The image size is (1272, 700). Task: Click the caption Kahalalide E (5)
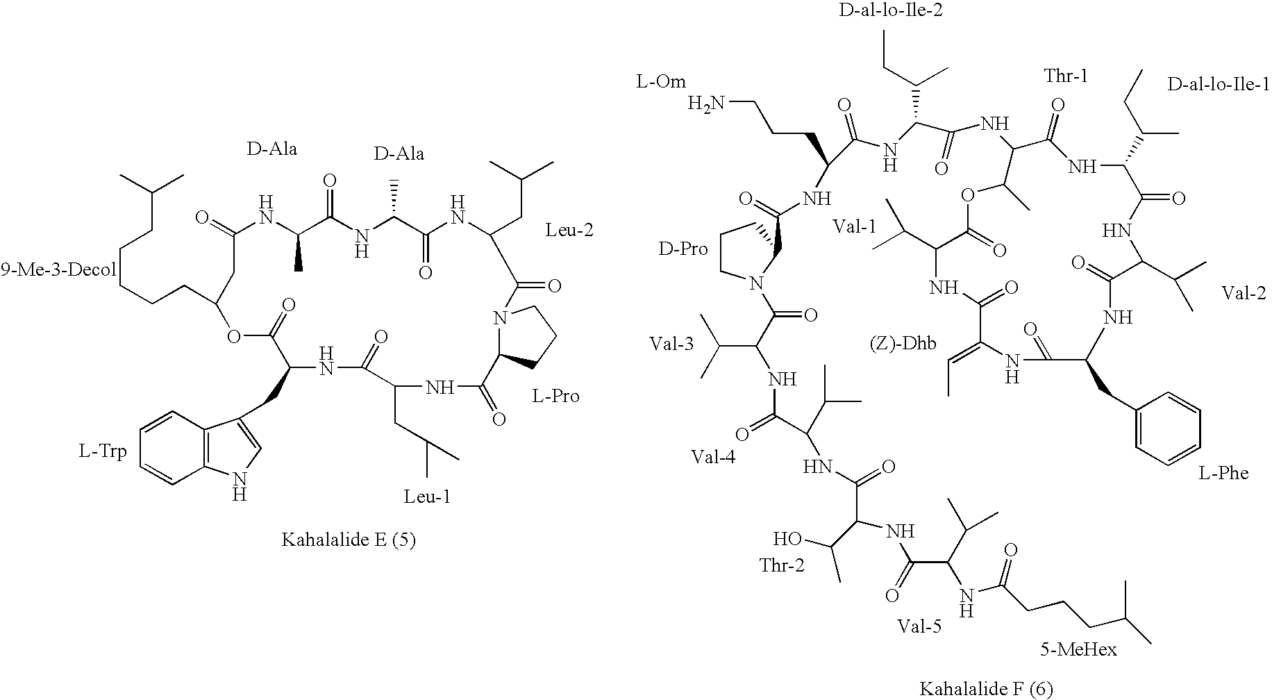click(x=348, y=540)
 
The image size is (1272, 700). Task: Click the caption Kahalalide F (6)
click(x=986, y=688)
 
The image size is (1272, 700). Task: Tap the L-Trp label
click(x=102, y=452)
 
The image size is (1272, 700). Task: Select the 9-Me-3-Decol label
click(x=58, y=269)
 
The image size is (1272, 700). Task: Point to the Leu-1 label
click(x=427, y=497)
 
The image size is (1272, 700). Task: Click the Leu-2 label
click(x=569, y=229)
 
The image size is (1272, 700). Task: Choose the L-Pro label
click(x=555, y=397)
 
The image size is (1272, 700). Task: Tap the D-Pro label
click(x=683, y=249)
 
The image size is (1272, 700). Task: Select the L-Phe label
click(x=1223, y=474)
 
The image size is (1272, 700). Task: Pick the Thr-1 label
click(x=1066, y=75)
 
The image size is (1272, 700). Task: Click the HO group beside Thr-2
click(x=788, y=539)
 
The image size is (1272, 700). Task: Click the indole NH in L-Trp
click(x=240, y=485)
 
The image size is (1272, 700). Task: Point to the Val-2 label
click(x=1244, y=292)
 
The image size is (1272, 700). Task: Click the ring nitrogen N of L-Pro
click(x=498, y=319)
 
